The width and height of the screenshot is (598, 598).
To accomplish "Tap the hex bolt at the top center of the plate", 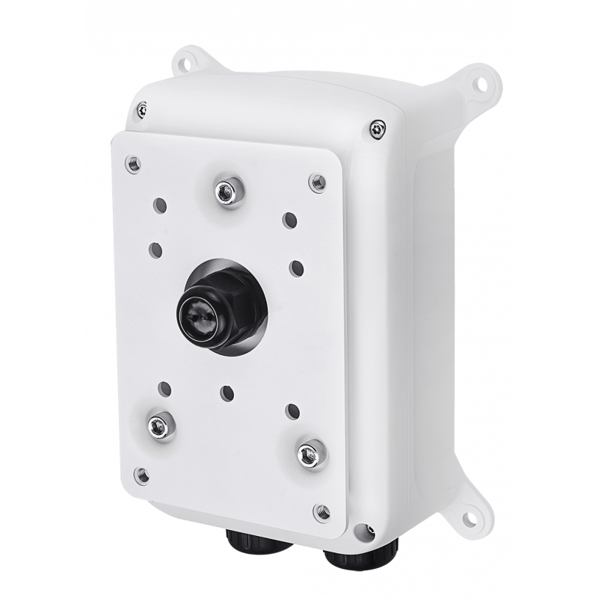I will (222, 192).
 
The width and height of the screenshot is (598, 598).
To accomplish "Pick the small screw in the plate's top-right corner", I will (317, 181).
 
